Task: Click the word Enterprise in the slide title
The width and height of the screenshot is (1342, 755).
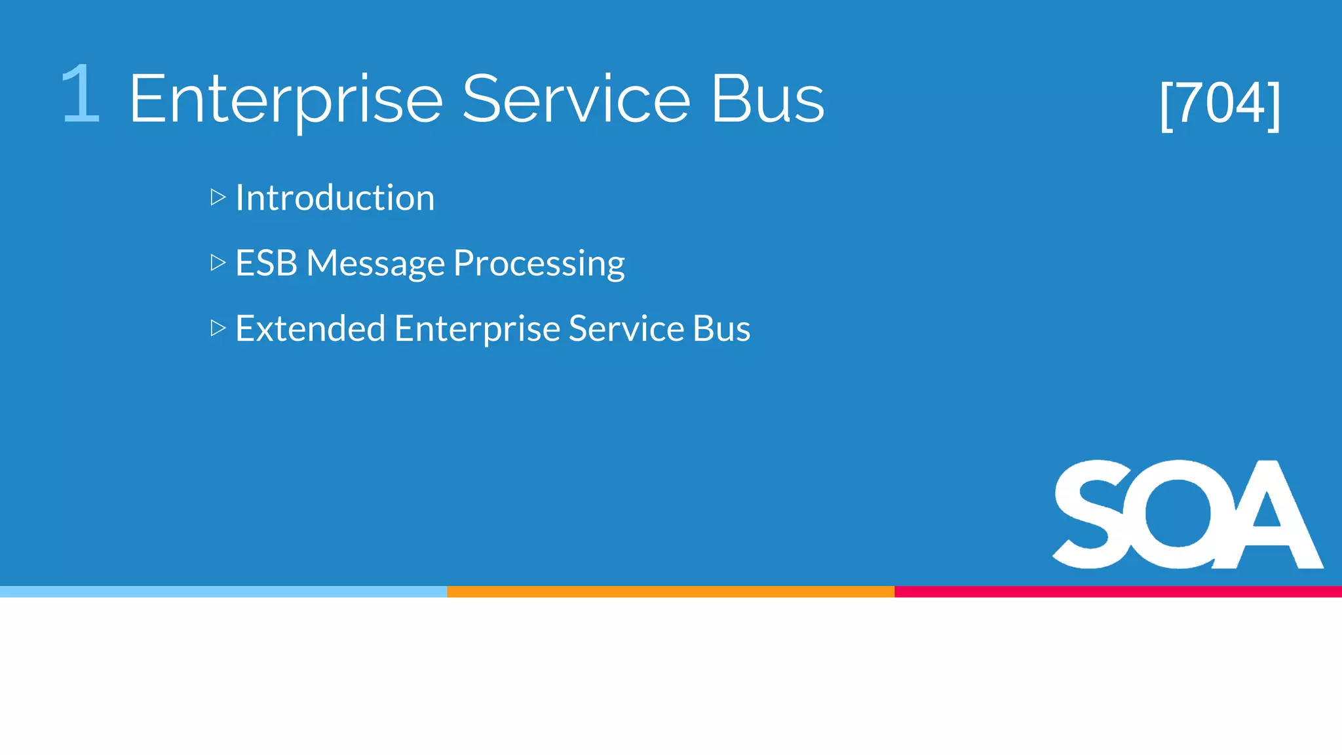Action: click(x=286, y=100)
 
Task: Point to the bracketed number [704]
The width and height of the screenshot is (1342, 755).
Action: click(x=1219, y=104)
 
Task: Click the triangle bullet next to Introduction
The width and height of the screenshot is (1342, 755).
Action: click(x=218, y=197)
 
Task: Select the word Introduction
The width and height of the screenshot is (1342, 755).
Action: click(x=335, y=197)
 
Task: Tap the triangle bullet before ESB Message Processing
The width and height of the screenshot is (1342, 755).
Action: click(x=218, y=263)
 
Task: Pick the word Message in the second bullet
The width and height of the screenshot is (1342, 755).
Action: click(x=375, y=264)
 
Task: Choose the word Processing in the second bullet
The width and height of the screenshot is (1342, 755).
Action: click(x=539, y=264)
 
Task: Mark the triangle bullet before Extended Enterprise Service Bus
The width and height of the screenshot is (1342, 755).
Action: click(x=218, y=328)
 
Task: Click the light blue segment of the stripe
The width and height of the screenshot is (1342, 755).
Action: click(x=223, y=592)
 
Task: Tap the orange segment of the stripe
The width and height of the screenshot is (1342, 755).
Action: click(x=670, y=592)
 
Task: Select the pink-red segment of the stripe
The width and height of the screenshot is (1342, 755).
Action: click(x=1118, y=592)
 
